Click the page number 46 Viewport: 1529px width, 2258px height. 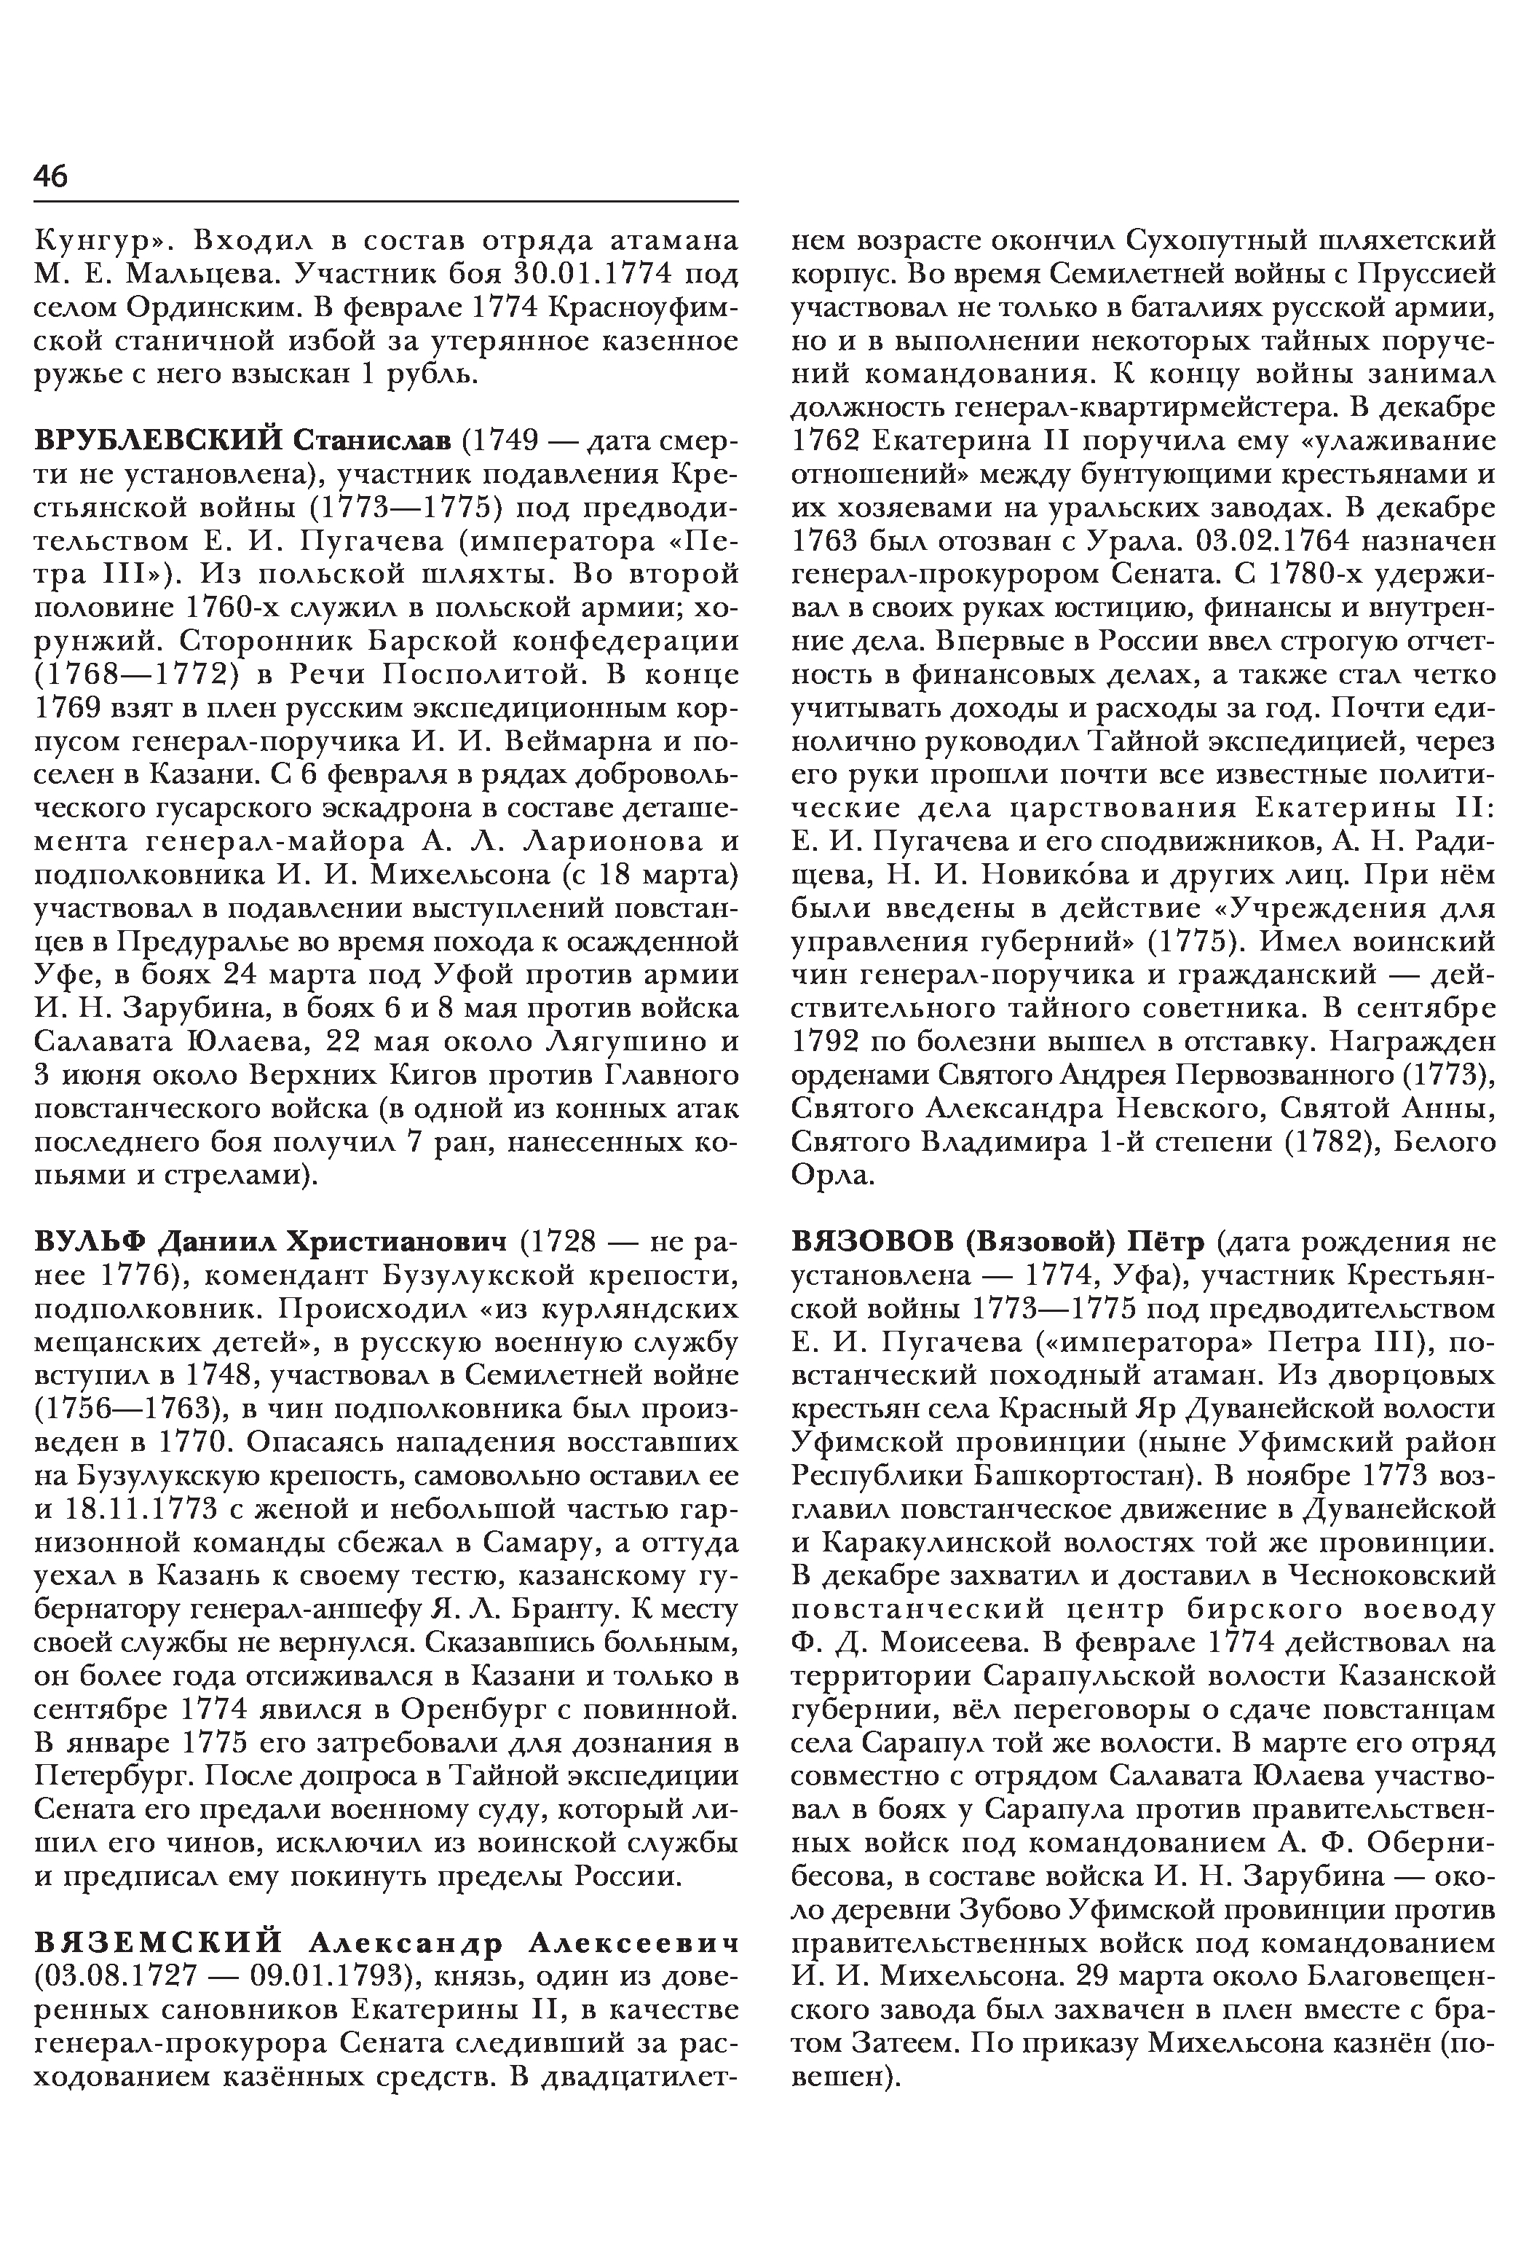coord(50,176)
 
